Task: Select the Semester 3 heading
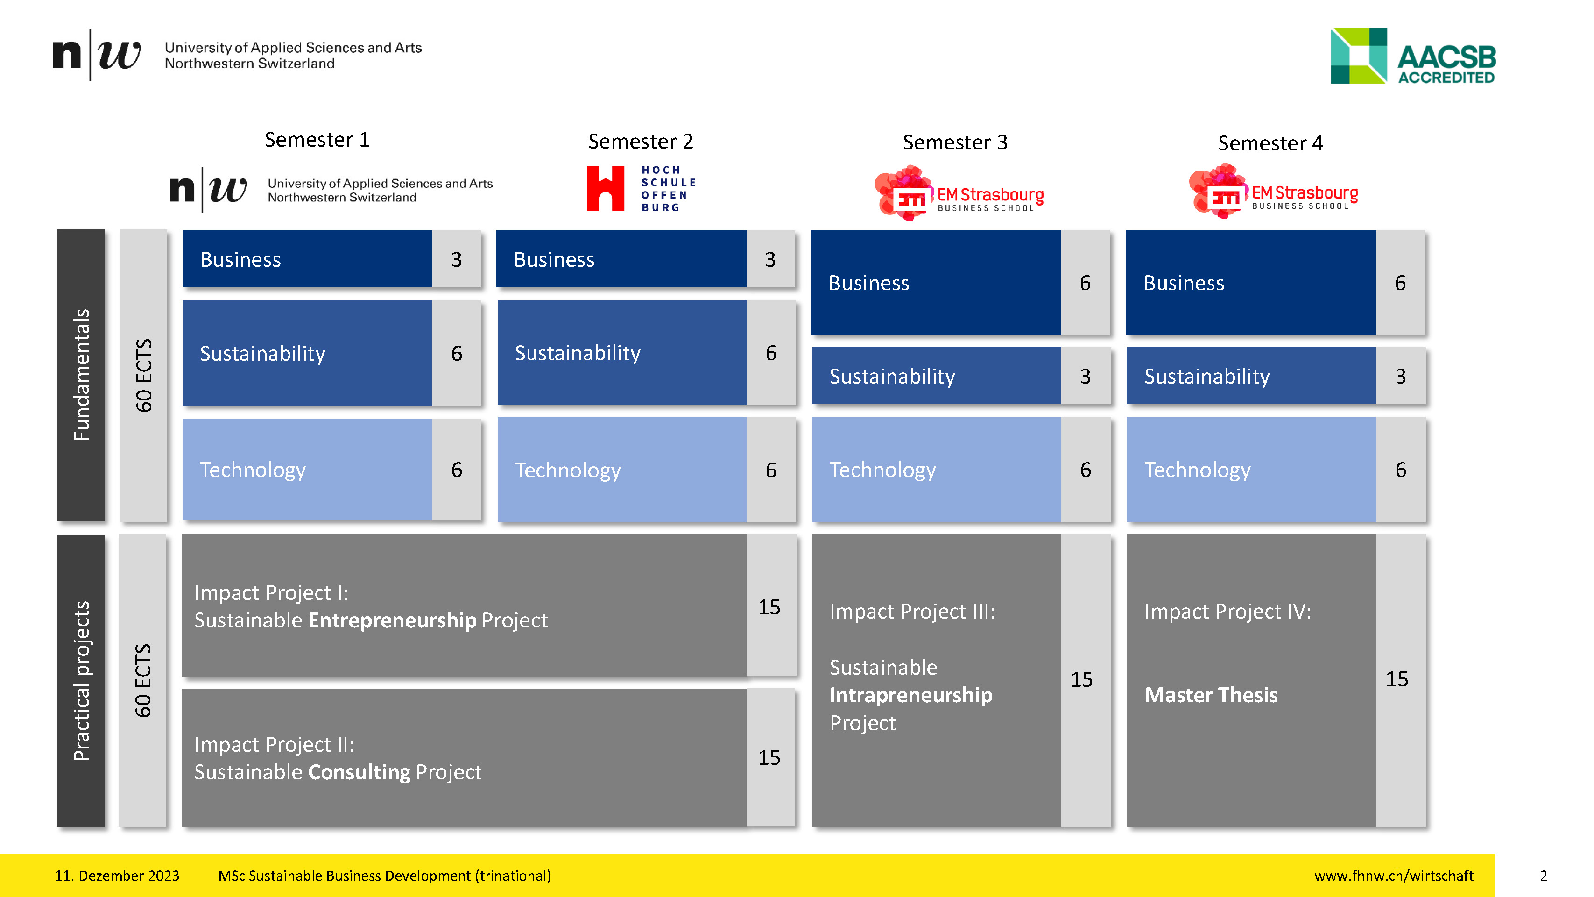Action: [x=955, y=142]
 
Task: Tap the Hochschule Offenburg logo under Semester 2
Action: [x=641, y=188]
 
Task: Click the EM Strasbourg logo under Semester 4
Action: [x=1273, y=192]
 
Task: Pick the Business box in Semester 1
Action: [x=307, y=259]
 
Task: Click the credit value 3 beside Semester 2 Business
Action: [x=770, y=259]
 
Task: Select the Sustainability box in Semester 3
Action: [x=936, y=376]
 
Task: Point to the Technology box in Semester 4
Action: [x=1250, y=469]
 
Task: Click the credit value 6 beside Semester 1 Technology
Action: [x=457, y=469]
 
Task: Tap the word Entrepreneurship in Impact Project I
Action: [x=392, y=620]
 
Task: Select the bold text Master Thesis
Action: [x=1210, y=695]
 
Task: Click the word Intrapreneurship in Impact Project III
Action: [x=910, y=695]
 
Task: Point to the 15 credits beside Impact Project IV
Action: [x=1397, y=679]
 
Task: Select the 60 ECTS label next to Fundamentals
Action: [x=143, y=375]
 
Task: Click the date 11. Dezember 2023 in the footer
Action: [x=117, y=876]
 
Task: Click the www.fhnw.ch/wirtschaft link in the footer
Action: [x=1394, y=876]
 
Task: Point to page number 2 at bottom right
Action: [x=1543, y=876]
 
